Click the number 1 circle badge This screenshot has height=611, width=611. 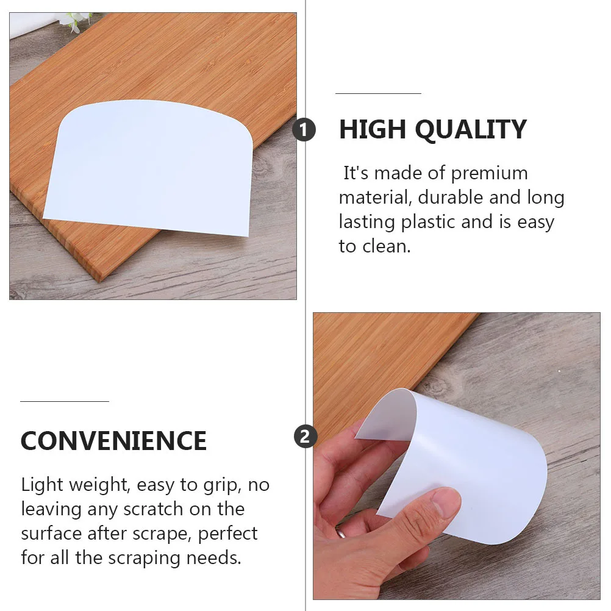pos(304,130)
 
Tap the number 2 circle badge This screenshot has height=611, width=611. pos(305,436)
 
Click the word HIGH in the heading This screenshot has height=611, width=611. pos(372,130)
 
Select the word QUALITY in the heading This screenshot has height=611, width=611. pos(471,130)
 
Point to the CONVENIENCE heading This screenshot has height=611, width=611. pos(113,440)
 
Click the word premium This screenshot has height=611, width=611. pos(489,173)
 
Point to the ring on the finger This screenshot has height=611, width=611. pos(343,532)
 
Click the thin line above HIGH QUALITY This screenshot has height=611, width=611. pos(378,93)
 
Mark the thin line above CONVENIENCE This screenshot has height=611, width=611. pos(64,401)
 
